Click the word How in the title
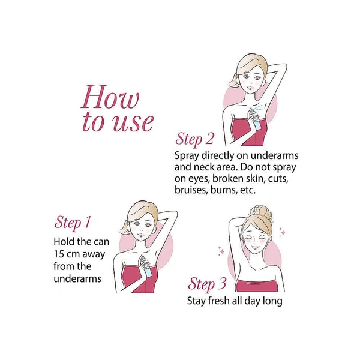[x=110, y=97]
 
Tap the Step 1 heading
[x=73, y=222]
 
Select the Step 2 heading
[x=194, y=139]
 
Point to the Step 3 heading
[x=207, y=284]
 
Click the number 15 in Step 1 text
[x=58, y=254]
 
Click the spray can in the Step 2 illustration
[x=255, y=119]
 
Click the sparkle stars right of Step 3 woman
[x=282, y=232]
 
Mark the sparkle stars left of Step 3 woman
[x=221, y=250]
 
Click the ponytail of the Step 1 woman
[x=125, y=228]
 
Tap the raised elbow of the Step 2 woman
[x=285, y=66]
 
